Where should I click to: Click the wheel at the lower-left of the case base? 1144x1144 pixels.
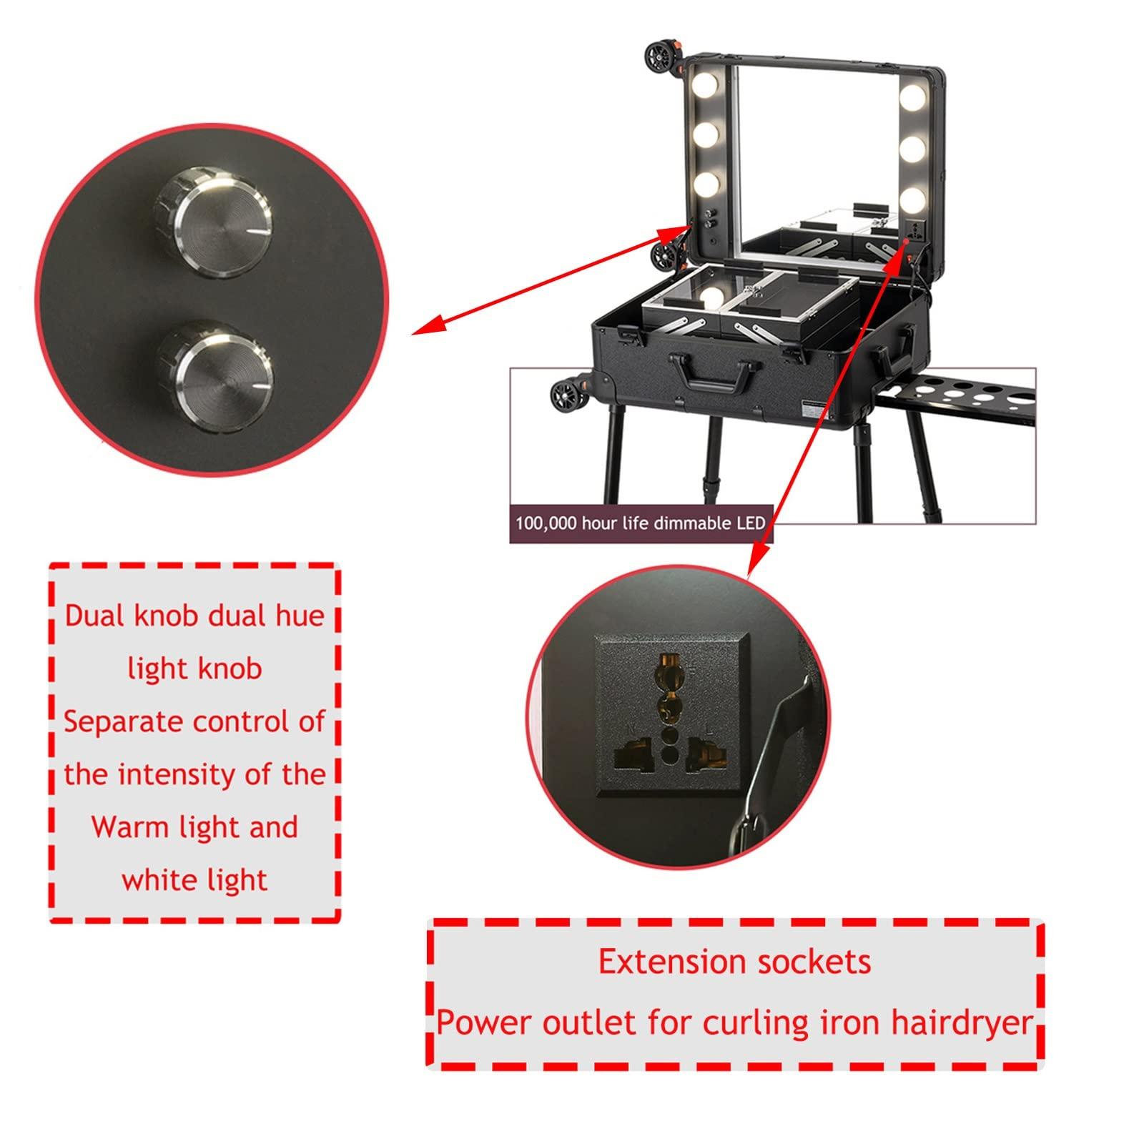(x=566, y=395)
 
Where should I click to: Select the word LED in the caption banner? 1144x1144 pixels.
(x=750, y=523)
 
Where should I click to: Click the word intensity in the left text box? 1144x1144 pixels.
(x=194, y=774)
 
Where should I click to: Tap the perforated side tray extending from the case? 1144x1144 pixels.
(x=958, y=393)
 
